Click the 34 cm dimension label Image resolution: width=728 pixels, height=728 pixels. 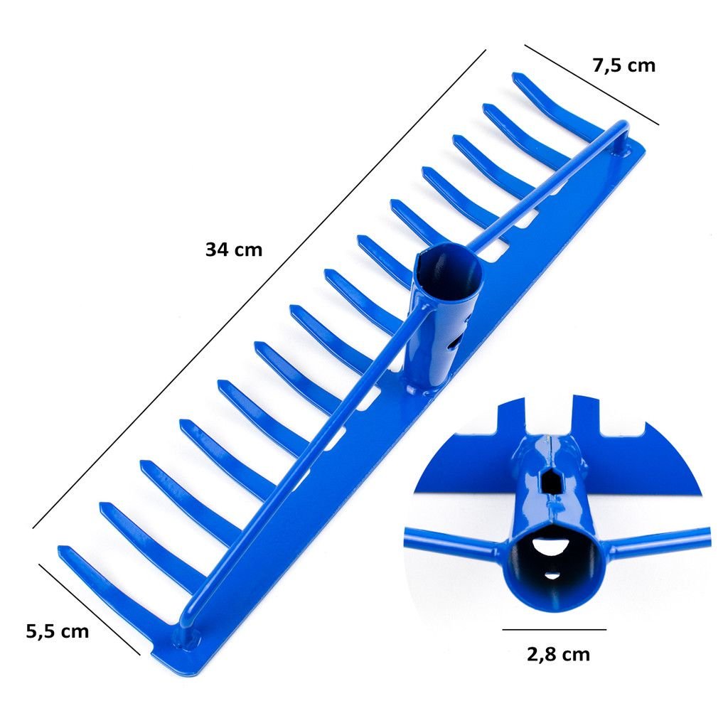click(234, 250)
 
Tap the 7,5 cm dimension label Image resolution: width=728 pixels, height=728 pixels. click(623, 65)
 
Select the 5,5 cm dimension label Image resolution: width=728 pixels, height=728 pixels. click(57, 631)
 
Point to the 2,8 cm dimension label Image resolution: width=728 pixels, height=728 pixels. click(558, 654)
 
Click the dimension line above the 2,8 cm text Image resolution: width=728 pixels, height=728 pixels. click(555, 630)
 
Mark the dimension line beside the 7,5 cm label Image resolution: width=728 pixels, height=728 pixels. click(591, 85)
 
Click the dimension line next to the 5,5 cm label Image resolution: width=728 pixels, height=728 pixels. click(89, 609)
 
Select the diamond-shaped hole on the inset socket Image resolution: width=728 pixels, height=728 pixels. click(551, 481)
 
